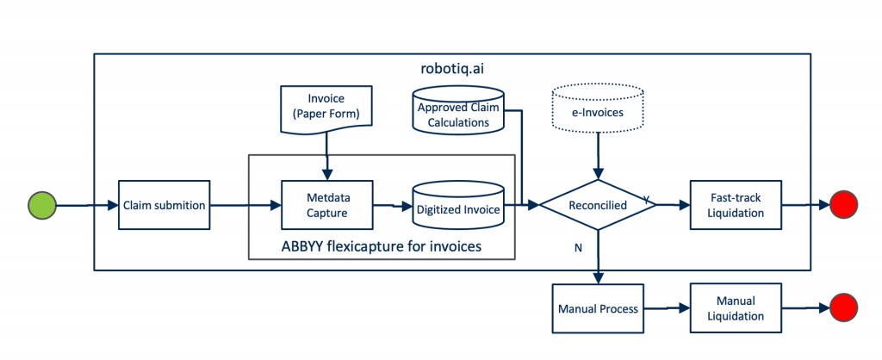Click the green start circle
tap(41, 206)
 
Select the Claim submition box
tap(164, 205)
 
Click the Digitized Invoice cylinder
tap(457, 206)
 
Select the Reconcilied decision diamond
tap(597, 206)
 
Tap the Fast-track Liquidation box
tap(736, 205)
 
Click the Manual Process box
tap(597, 308)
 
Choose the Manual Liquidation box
tap(735, 308)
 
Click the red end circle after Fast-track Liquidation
tap(843, 206)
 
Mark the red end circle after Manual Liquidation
tap(843, 307)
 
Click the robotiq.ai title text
tap(452, 67)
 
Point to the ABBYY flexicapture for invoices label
tap(382, 247)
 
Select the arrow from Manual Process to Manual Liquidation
tap(665, 308)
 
